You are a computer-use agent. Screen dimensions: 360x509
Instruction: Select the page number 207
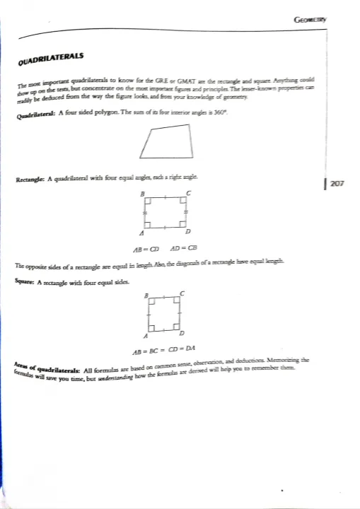[x=337, y=184]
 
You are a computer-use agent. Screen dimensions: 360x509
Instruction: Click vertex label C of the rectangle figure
[x=187, y=192]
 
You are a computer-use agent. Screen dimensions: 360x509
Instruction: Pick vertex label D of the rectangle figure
[x=187, y=232]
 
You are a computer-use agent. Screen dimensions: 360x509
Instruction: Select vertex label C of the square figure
[x=182, y=293]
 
